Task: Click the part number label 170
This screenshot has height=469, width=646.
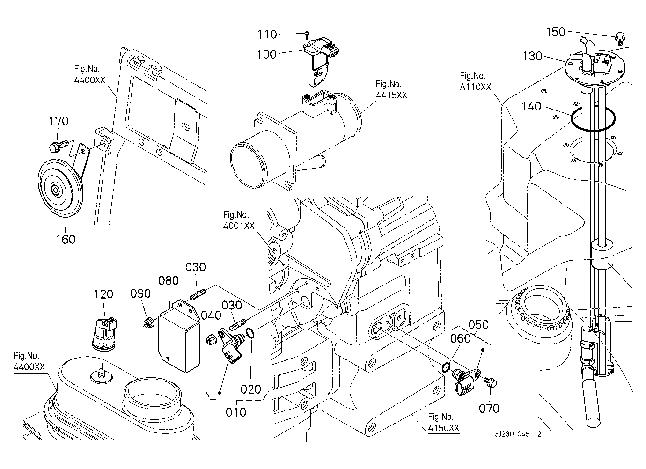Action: click(x=59, y=121)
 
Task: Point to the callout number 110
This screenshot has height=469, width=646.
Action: click(x=267, y=34)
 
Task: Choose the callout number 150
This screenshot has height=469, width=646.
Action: click(x=556, y=32)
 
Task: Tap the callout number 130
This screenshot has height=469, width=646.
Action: click(x=532, y=56)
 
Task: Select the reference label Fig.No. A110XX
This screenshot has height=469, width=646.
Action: click(x=475, y=81)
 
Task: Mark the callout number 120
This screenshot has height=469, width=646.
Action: click(x=103, y=294)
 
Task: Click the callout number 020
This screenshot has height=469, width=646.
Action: click(x=251, y=389)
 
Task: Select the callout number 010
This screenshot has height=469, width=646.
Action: click(x=236, y=412)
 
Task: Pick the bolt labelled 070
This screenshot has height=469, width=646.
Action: click(x=491, y=382)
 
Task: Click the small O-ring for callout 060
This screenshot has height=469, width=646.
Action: click(x=447, y=365)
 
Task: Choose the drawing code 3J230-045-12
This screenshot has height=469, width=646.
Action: click(x=518, y=434)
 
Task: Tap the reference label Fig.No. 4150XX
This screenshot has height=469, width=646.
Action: click(x=443, y=422)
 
